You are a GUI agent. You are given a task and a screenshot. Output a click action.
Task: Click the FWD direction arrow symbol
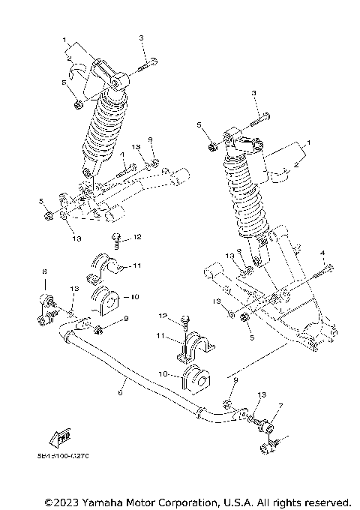(x=58, y=438)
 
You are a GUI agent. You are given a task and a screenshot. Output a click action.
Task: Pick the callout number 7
(x=280, y=406)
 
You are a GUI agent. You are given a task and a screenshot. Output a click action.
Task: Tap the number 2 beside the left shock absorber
(x=68, y=55)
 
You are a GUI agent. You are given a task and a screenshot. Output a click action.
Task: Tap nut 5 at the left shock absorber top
(x=79, y=103)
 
